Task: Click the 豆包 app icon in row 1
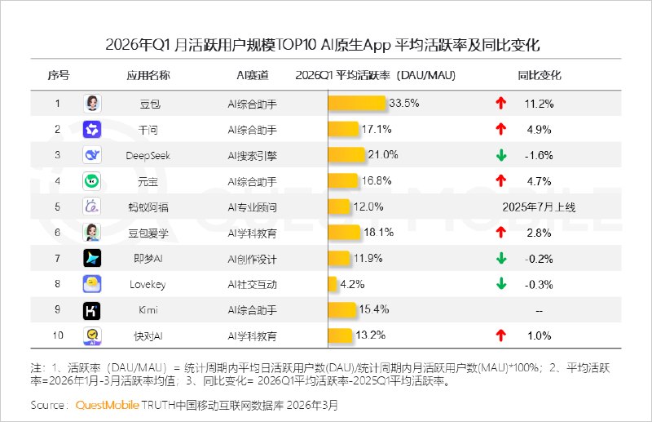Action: tap(92, 103)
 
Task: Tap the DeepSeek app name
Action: tap(148, 155)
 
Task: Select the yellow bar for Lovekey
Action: tap(333, 284)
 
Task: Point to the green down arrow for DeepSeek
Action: tap(501, 155)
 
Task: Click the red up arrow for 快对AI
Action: tap(501, 335)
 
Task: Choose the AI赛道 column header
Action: tap(252, 75)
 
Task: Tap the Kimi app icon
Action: tap(92, 310)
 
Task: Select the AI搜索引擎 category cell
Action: tap(252, 155)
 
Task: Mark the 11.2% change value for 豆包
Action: tap(540, 103)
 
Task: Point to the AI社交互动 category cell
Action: tap(252, 284)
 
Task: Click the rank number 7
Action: tap(58, 259)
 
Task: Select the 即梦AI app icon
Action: tap(92, 259)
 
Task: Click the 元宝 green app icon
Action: tap(92, 181)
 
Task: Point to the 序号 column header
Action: tap(58, 75)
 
